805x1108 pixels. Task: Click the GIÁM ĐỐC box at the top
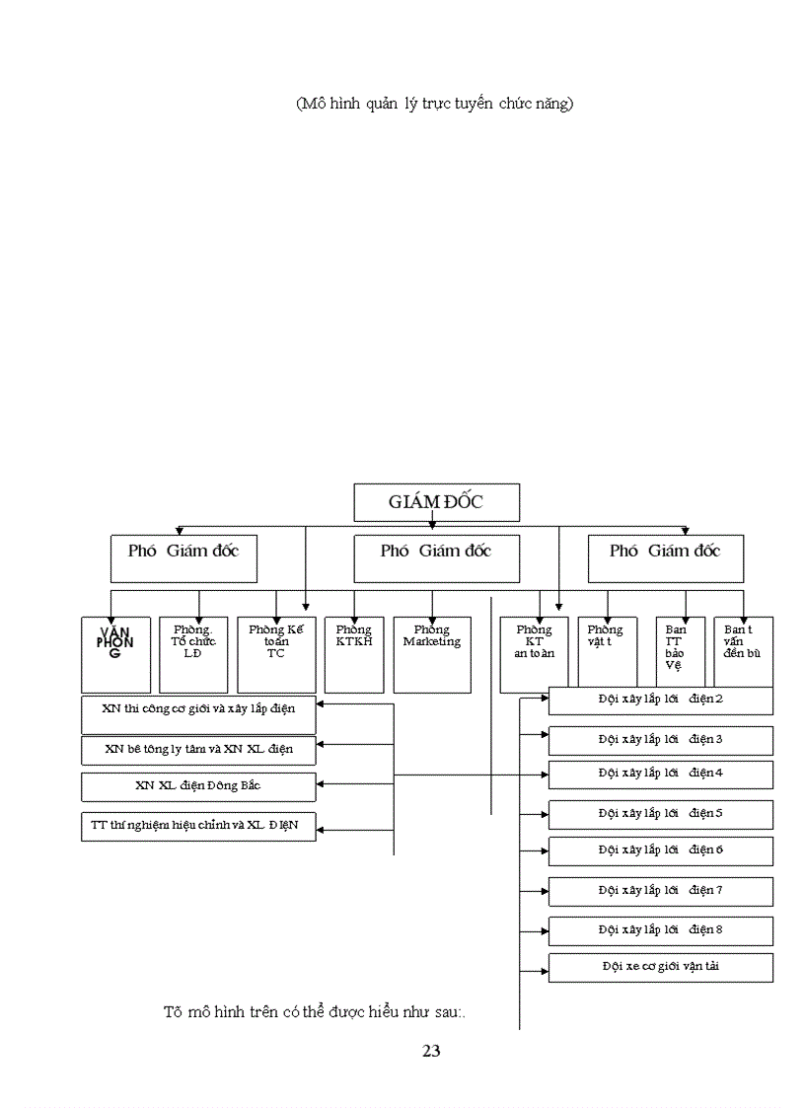coord(435,501)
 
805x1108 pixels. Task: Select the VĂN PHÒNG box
coord(115,653)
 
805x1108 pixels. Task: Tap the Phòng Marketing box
coord(431,653)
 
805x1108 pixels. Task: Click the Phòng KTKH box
coord(353,653)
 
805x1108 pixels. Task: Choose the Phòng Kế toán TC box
coord(276,653)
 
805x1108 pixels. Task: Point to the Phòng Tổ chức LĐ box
coord(193,653)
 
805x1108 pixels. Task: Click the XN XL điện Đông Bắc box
coord(197,786)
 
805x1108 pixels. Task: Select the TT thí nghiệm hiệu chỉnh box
coord(197,826)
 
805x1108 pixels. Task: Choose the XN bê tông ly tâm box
coord(197,750)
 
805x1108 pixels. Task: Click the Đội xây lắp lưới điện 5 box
coord(660,814)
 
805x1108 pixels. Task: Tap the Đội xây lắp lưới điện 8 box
coord(660,930)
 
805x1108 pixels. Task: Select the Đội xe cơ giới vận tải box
coord(660,967)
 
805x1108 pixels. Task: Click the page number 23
coord(431,1051)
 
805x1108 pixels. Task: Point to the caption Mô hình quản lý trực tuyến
coord(434,104)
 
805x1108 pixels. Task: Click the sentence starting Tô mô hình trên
coord(314,1012)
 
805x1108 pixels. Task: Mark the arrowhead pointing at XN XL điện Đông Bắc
coord(322,785)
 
